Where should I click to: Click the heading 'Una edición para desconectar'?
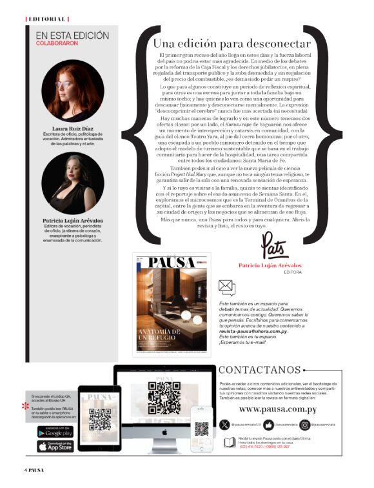[231, 44]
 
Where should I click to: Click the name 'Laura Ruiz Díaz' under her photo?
[72, 128]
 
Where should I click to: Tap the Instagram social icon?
[323, 425]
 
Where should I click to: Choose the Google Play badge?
[55, 432]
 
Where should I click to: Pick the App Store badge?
[55, 446]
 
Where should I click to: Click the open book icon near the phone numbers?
[229, 442]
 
